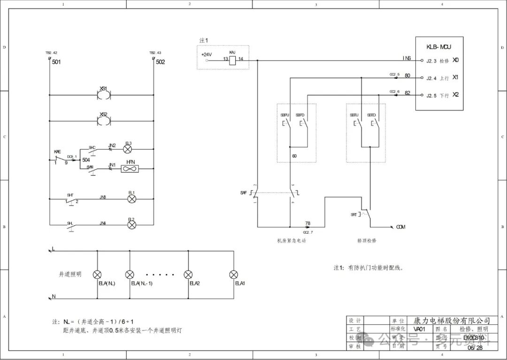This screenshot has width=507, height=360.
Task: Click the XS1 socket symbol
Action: [103, 95]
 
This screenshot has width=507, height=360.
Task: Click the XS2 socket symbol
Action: [103, 121]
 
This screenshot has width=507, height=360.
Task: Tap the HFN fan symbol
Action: [130, 169]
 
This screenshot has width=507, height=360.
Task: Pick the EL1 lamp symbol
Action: [132, 199]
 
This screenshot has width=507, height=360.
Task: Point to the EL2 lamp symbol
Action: [132, 225]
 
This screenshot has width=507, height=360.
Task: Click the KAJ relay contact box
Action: [232, 60]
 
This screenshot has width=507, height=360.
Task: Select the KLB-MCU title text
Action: [439, 47]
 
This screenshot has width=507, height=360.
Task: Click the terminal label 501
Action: [56, 62]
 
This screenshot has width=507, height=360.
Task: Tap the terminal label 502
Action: [160, 62]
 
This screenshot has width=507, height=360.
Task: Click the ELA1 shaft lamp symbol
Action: [233, 275]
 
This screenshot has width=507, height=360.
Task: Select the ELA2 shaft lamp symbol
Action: [188, 275]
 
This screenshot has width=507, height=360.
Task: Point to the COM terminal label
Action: [400, 227]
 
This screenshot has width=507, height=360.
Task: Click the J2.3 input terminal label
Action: [431, 61]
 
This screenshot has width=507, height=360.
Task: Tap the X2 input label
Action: [455, 95]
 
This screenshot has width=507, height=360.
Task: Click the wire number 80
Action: [407, 76]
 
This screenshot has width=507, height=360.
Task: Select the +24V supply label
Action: [207, 54]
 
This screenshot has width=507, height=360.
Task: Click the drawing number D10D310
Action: [473, 337]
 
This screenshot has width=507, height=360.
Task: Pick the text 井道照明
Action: [70, 274]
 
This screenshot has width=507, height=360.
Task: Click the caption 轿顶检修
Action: [367, 240]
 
